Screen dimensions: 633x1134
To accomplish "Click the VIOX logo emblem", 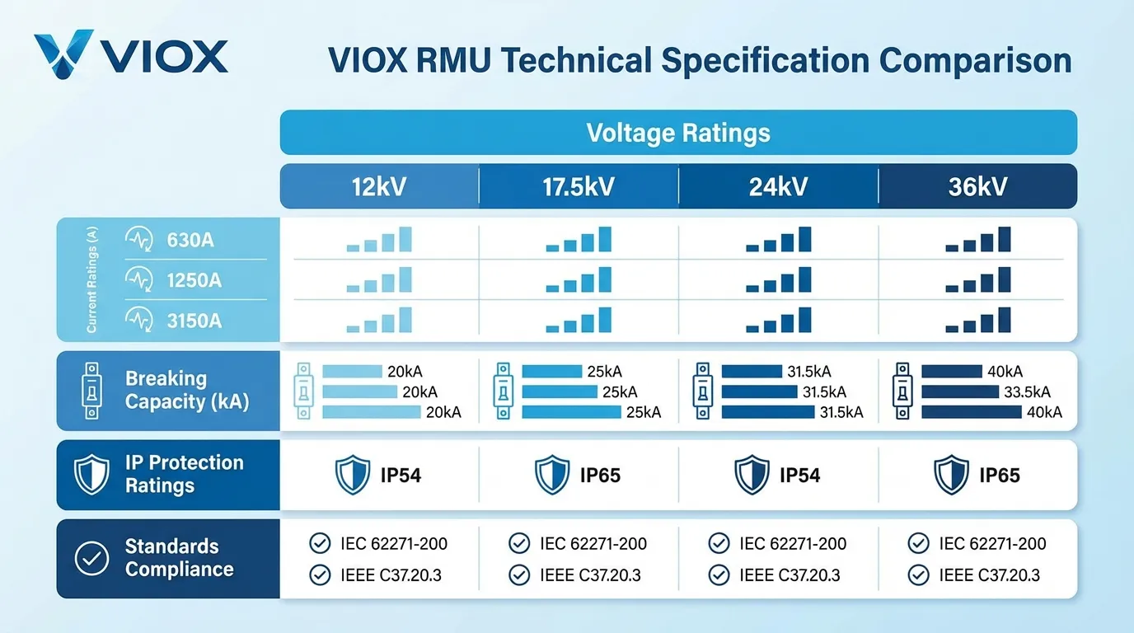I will click(64, 54).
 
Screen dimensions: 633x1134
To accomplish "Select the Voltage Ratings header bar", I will click(678, 133).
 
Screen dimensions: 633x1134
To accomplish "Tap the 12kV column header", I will click(379, 186).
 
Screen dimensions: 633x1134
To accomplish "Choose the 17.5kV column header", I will click(579, 186).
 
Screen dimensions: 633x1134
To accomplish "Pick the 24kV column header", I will click(778, 186).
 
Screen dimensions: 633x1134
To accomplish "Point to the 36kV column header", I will click(977, 186).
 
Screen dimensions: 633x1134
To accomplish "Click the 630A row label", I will click(190, 240).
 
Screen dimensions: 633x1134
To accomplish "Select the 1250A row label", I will click(194, 280).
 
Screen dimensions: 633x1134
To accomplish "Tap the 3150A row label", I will click(194, 321).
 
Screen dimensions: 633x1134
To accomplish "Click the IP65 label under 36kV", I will click(999, 476).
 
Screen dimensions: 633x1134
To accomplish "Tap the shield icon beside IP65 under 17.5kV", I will click(551, 476).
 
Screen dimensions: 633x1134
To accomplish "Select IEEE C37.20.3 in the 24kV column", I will click(790, 575).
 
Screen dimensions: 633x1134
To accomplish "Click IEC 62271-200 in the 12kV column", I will click(394, 544).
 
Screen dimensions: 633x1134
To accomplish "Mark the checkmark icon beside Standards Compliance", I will click(91, 558).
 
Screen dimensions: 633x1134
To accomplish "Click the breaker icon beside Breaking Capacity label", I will click(91, 390).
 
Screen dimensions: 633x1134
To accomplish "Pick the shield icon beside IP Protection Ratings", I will click(91, 474).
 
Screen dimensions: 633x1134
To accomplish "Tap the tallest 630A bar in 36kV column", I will click(1004, 238).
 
